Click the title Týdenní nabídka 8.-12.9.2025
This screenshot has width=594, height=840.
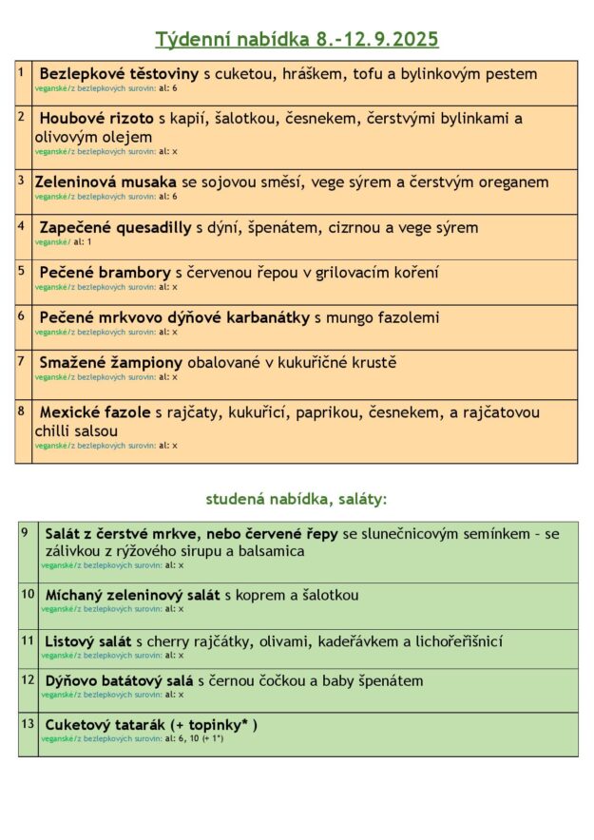[297, 39]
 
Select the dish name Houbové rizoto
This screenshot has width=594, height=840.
[96, 119]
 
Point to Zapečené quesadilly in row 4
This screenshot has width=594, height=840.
[115, 227]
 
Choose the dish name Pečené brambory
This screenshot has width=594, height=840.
[105, 272]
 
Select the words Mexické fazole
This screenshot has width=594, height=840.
[95, 412]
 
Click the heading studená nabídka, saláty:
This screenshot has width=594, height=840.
[297, 498]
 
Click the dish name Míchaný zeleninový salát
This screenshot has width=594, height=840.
[132, 595]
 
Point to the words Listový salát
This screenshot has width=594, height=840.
[88, 641]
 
